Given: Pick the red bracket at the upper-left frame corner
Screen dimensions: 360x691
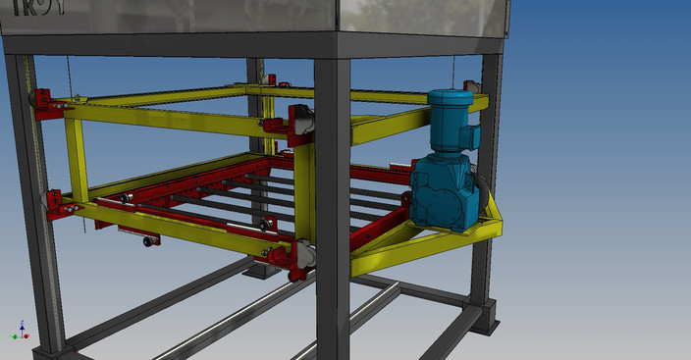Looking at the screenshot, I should point(45,103).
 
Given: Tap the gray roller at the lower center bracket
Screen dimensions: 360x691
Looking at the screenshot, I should point(303,255).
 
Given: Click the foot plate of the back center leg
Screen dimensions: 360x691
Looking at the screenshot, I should point(261,270).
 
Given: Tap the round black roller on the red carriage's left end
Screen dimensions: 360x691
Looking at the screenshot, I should point(128,200).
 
